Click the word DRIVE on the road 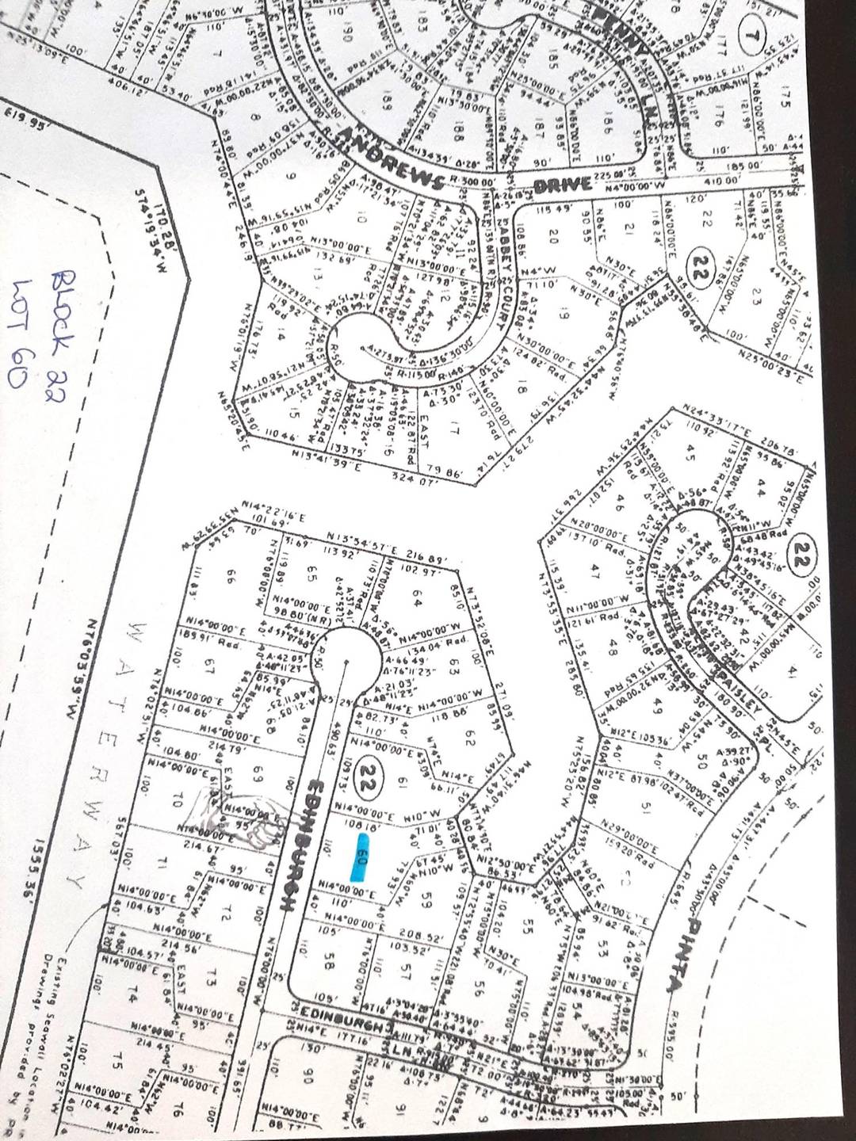tap(565, 185)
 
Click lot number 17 tap(454, 431)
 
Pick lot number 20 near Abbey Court tap(554, 236)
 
